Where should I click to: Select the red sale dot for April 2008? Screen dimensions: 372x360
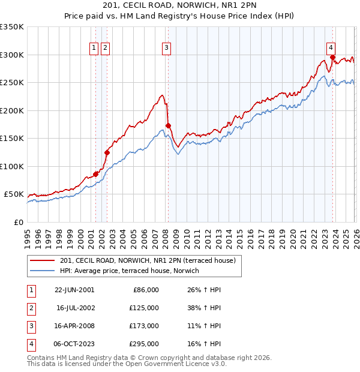[168, 125]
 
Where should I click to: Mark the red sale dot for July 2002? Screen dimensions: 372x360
[107, 152]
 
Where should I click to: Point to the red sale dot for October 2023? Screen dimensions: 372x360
[332, 58]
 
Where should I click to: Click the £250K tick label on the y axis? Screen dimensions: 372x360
[12, 83]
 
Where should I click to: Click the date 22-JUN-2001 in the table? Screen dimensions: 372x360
[74, 290]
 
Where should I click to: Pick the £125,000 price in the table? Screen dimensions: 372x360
[144, 308]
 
